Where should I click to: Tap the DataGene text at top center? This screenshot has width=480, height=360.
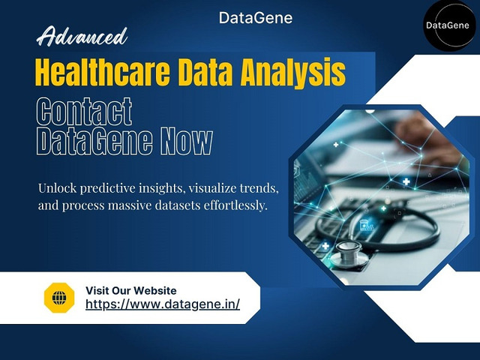(x=256, y=18)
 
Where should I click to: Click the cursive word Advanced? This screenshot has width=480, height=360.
(x=82, y=37)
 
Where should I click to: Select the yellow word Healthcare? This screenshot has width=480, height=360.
(x=103, y=72)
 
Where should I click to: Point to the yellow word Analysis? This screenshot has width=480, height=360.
(x=293, y=73)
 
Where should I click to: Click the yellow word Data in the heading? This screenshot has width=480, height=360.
(x=205, y=72)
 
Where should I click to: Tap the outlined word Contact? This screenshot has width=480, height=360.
(x=84, y=112)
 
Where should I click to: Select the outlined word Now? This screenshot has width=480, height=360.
(x=187, y=141)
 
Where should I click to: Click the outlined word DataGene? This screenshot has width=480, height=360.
(x=94, y=141)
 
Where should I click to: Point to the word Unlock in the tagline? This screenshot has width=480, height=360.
(x=57, y=188)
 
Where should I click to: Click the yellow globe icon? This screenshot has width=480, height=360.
(x=59, y=298)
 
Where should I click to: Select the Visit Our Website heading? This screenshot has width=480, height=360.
(x=131, y=290)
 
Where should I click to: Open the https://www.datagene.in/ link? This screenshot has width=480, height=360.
(x=163, y=304)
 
